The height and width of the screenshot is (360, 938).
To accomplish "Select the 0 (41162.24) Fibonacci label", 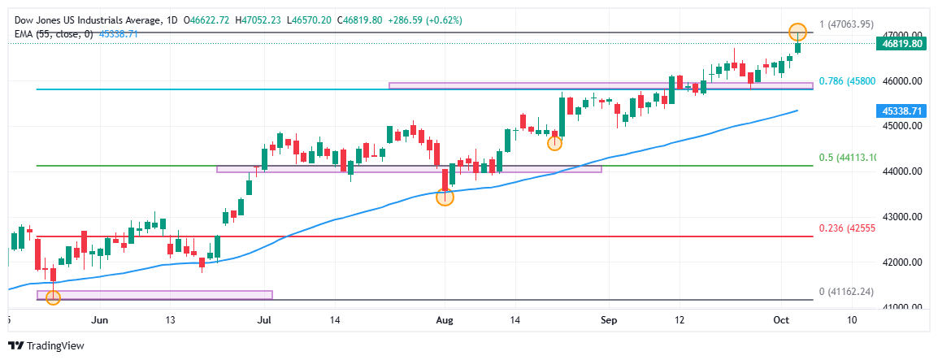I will [846, 292].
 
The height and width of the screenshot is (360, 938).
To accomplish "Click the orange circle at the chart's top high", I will [798, 33].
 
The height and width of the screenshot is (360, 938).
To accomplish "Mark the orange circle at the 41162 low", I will [53, 297].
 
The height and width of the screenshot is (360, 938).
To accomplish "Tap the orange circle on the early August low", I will [445, 197].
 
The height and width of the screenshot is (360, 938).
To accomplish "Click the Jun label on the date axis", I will [99, 320].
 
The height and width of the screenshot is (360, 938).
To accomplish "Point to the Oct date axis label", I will [781, 320].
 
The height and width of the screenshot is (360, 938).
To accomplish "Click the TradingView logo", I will [49, 346].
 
